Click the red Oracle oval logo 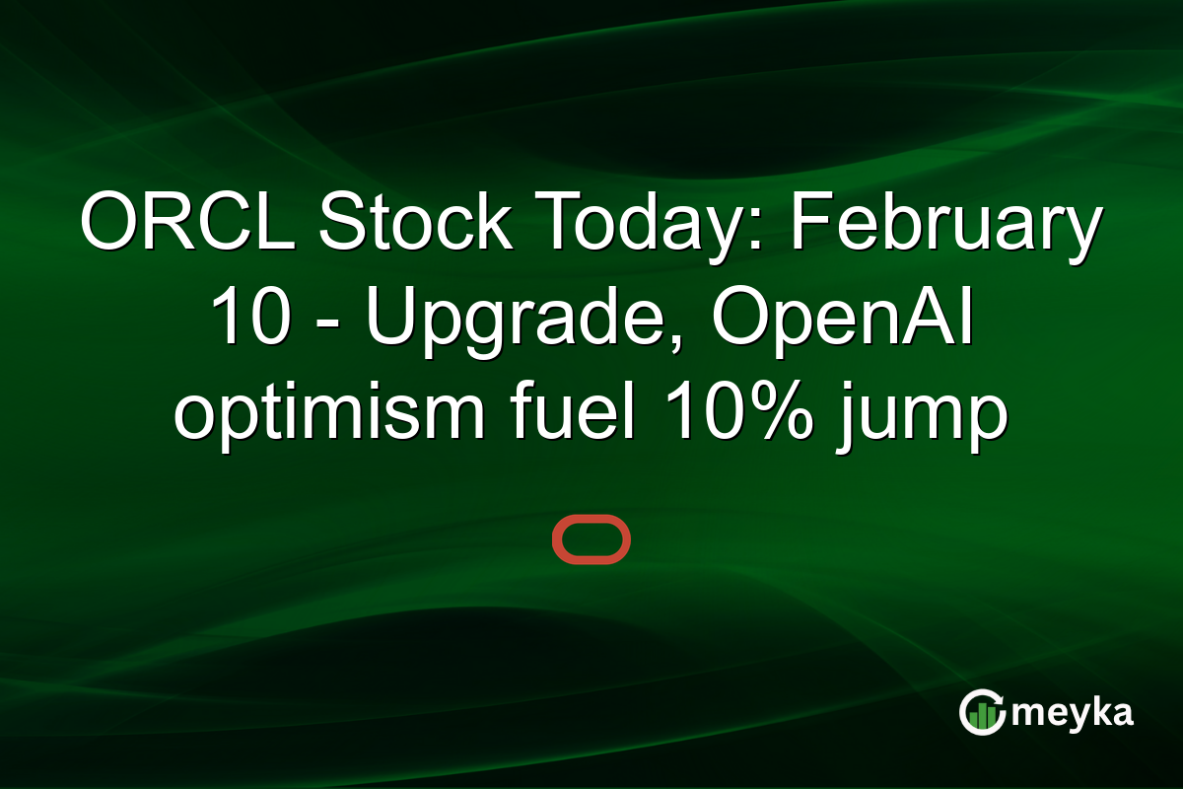[591, 539]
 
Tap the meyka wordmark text [1074, 712]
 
